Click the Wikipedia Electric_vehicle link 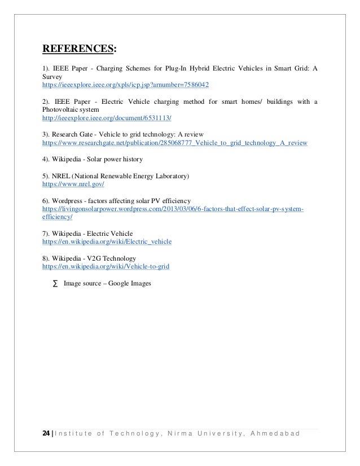click(107, 241)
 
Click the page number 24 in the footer click(46, 433)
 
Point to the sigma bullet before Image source click(55, 284)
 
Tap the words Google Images click(130, 284)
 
